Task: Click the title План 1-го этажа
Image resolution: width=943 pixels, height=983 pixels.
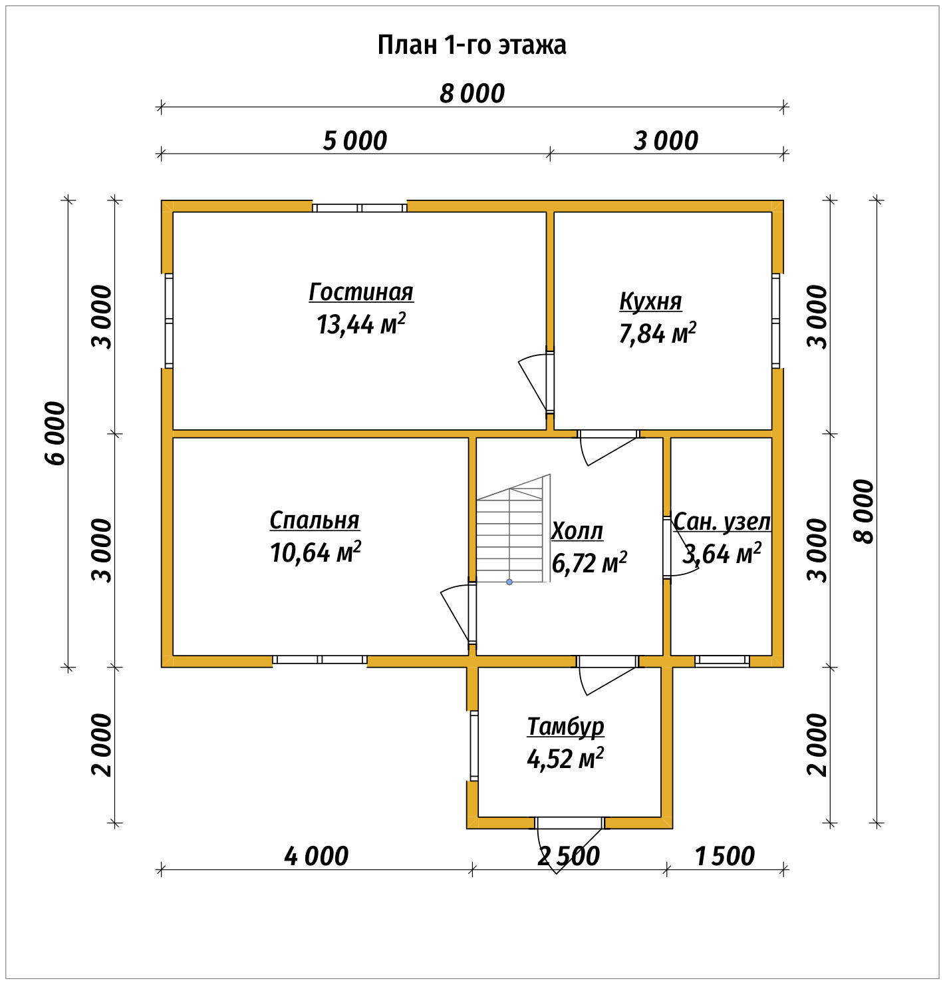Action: pos(471,45)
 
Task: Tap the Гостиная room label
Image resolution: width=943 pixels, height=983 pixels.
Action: pos(361,292)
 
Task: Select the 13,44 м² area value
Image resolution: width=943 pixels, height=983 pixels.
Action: pos(361,324)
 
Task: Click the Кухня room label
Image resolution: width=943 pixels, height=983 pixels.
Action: pos(650,301)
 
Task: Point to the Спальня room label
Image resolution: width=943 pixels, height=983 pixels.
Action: pos(315,520)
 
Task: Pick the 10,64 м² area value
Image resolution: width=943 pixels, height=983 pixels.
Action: pos(315,552)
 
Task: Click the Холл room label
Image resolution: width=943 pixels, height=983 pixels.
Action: pos(577,531)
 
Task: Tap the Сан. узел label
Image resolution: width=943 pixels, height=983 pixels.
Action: pos(722,521)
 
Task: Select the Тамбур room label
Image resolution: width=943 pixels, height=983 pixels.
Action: pos(565,726)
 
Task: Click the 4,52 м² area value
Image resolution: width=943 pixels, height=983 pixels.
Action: pos(565,758)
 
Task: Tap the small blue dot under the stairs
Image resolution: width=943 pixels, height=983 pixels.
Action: pos(509,582)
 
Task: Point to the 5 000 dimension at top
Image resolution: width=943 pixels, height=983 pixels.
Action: pos(355,141)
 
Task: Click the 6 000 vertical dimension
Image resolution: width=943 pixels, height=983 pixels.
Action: pos(56,433)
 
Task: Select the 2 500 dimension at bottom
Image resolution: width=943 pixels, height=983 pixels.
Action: pos(569,856)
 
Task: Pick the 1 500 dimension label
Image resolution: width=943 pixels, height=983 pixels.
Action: pos(725,856)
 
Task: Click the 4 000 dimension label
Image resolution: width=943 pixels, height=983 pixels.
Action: pos(316,856)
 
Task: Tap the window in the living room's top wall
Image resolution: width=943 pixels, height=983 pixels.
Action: pos(359,208)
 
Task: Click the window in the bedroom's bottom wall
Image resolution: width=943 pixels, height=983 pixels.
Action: pos(320,660)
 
